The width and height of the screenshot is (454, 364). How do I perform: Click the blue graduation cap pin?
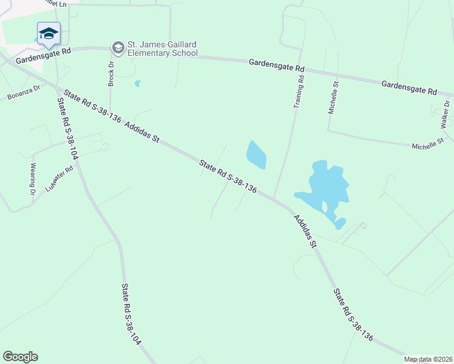tap(48, 34)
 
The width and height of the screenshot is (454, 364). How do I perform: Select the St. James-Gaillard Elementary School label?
tap(161, 49)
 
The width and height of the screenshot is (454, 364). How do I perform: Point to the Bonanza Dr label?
tap(23, 92)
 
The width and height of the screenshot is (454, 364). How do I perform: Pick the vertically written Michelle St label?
tap(333, 98)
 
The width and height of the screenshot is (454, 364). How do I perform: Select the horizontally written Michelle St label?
tap(429, 146)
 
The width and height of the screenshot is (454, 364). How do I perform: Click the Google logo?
tap(20, 357)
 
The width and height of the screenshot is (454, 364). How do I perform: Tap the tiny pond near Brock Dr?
tap(138, 84)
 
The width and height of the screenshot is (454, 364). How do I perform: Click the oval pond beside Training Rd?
tap(256, 155)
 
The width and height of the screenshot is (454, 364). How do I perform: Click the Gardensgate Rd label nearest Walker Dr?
tap(409, 87)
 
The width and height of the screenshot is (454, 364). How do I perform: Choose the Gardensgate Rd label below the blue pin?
tap(44, 56)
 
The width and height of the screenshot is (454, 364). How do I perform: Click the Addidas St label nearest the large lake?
tap(305, 231)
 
